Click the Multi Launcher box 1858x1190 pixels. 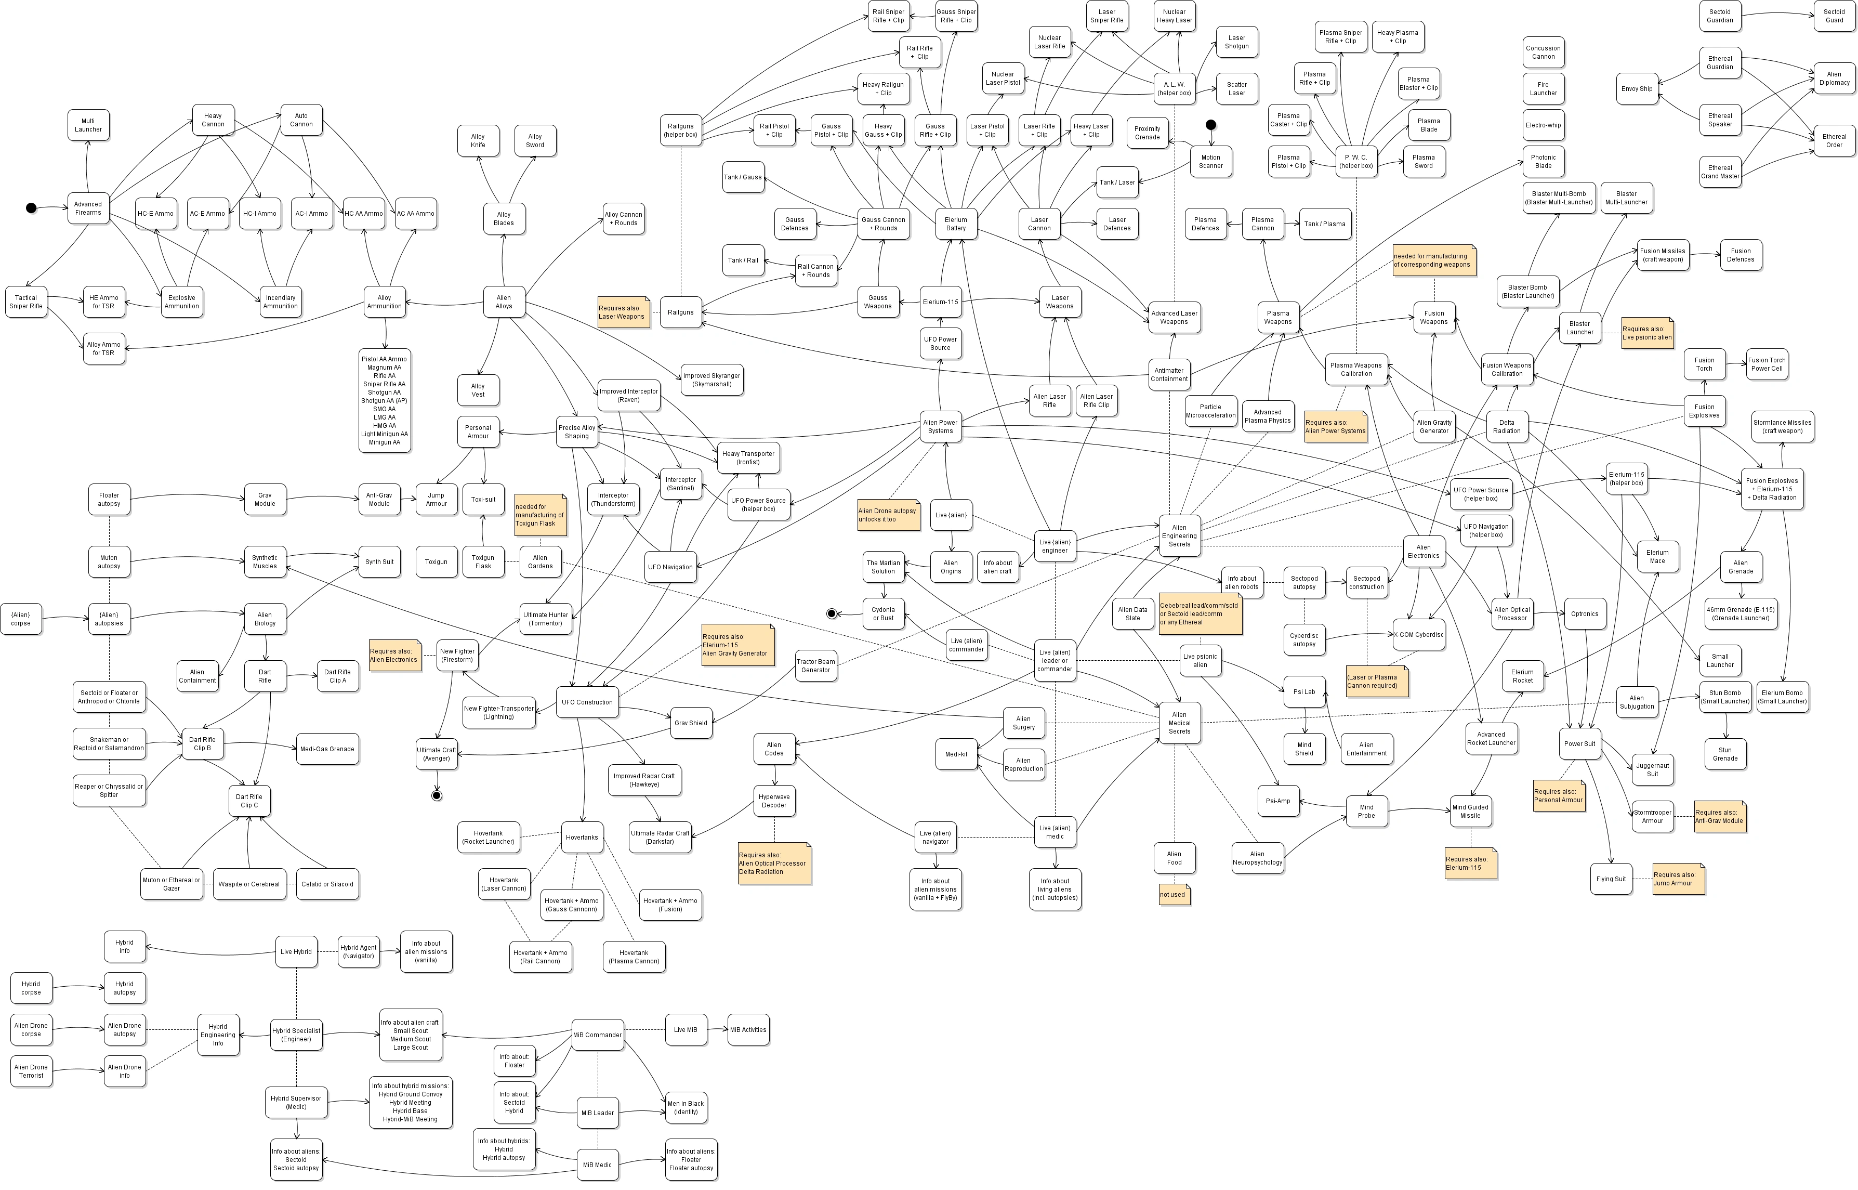pos(88,125)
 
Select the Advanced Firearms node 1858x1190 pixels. pos(88,208)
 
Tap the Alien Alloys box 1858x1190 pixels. pos(504,302)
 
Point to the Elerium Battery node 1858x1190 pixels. pos(956,224)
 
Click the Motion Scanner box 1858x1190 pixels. pos(1210,162)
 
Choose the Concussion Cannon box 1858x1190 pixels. pos(1543,53)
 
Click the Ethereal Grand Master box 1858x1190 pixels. pos(1720,172)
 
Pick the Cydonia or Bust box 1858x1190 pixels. pos(883,614)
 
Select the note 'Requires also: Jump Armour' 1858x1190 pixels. pos(1678,879)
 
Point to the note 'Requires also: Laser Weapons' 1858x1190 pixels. pos(623,312)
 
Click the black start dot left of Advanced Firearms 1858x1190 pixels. pos(31,208)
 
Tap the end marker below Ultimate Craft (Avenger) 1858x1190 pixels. pos(437,796)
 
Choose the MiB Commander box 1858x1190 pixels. pos(597,1035)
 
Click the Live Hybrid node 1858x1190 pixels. pos(296,952)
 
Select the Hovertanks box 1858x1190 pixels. pos(582,838)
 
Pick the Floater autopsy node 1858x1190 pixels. pos(109,500)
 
